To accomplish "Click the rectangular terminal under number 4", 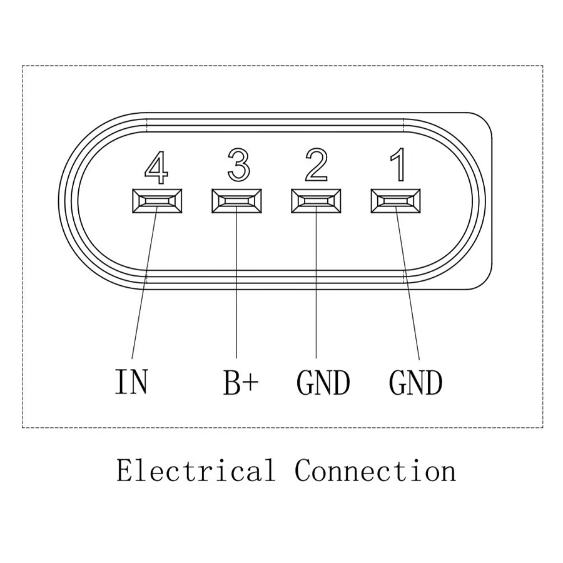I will [x=157, y=201].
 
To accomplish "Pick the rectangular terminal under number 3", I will [x=236, y=201].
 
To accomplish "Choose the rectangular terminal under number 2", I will [x=317, y=201].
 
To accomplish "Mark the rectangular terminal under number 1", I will [x=396, y=201].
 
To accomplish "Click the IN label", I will [x=131, y=382].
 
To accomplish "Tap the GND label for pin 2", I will [x=323, y=383].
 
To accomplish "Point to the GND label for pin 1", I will [x=415, y=383].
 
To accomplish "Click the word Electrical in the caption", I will [x=195, y=470].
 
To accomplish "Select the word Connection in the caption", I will [x=375, y=470].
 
